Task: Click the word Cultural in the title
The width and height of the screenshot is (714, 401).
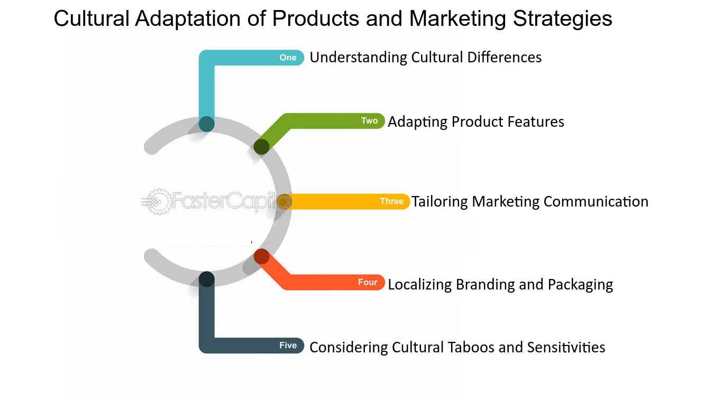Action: point(91,18)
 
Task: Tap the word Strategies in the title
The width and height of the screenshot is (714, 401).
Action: point(563,19)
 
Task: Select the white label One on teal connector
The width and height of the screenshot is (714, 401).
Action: point(288,58)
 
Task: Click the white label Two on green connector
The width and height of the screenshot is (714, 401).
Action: point(370,120)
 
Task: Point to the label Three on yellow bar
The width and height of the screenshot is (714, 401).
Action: point(392,201)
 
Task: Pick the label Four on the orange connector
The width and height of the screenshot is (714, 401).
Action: point(368,282)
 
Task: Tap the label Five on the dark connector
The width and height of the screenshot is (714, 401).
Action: point(288,345)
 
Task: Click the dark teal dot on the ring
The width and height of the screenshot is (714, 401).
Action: point(207,124)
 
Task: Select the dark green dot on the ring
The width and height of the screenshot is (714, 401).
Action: point(261,147)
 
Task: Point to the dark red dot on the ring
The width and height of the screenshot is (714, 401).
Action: point(262,256)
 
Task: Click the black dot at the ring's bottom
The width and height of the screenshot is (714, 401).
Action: point(207,279)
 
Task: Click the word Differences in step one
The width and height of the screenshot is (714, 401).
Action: point(504,58)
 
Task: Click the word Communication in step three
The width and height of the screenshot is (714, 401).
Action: point(596,202)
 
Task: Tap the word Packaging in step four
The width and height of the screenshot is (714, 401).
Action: point(580,285)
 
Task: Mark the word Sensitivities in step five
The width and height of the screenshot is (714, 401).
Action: point(566,347)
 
